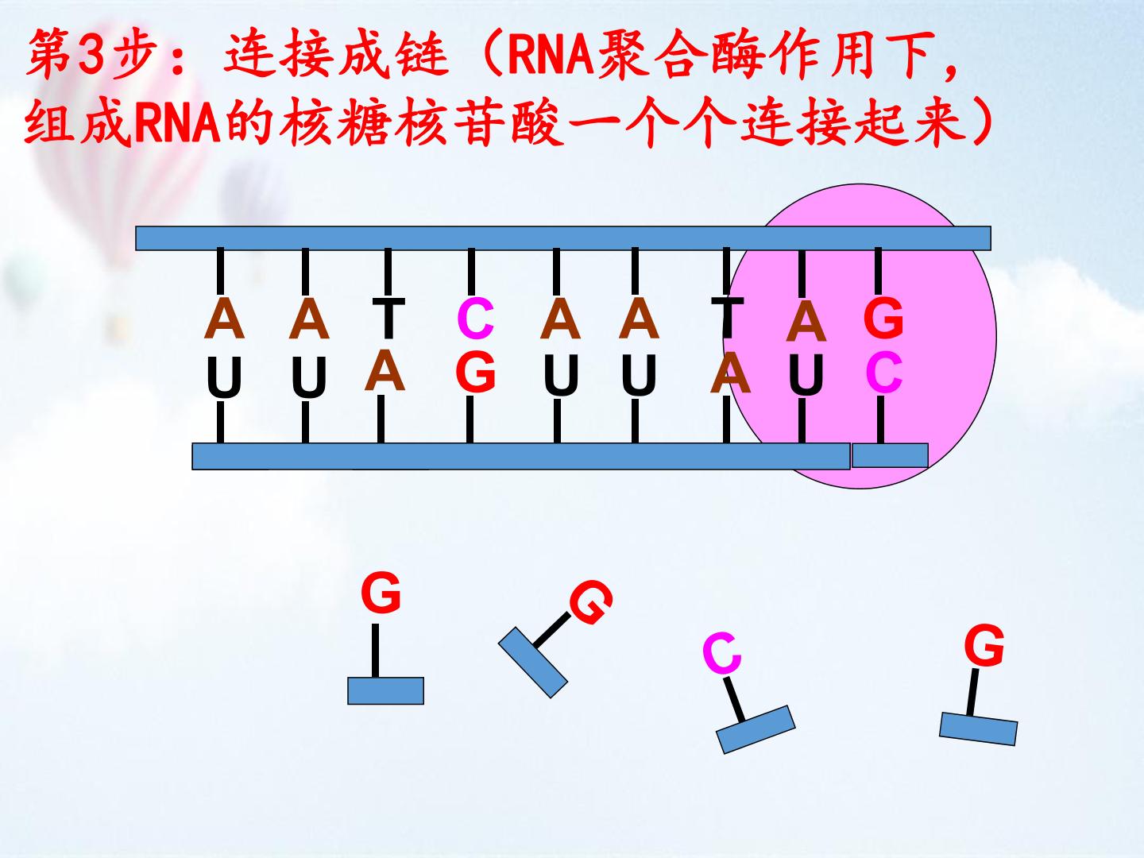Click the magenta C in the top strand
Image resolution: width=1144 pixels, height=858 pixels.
click(x=476, y=319)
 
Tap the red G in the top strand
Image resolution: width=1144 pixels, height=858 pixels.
click(x=883, y=319)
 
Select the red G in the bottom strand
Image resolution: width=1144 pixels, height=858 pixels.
click(x=476, y=371)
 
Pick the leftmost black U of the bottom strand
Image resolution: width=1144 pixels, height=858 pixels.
click(x=223, y=377)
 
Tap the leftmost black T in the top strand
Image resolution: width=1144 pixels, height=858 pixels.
click(x=388, y=318)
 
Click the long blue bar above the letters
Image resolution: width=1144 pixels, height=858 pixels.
click(x=562, y=238)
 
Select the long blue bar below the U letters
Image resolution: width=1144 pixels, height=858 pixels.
click(x=520, y=457)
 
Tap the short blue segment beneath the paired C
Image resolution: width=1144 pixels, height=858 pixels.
click(x=890, y=455)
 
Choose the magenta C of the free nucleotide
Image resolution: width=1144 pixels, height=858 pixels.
click(x=721, y=654)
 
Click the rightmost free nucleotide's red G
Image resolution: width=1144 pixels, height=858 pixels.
click(x=984, y=645)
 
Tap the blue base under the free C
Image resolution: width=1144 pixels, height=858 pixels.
click(x=756, y=729)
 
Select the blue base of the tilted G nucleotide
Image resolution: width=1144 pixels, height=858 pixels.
click(x=532, y=662)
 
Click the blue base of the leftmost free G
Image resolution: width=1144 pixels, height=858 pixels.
click(x=385, y=690)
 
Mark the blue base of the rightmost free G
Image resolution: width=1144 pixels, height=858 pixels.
click(x=978, y=729)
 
